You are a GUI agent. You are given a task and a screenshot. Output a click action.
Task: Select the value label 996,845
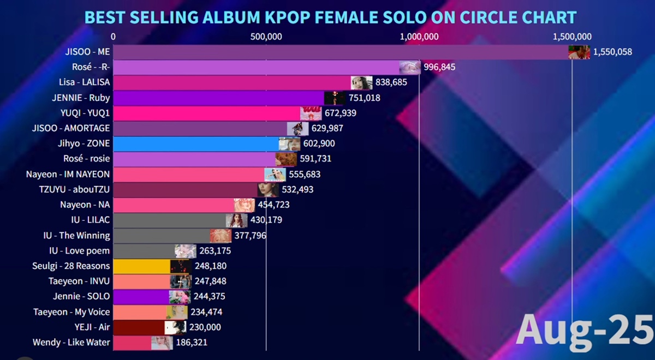coord(439,67)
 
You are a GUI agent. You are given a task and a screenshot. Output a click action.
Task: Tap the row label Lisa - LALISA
coord(85,82)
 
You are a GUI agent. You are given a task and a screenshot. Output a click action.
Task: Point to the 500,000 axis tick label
coord(266,37)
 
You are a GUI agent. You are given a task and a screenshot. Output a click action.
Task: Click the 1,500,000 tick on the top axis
coord(571,37)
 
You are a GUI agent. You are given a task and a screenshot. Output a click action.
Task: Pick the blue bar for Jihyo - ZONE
coord(196,143)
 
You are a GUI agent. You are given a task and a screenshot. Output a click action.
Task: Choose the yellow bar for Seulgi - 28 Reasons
coord(142,266)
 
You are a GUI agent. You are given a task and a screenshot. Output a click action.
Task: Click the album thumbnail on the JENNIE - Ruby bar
coord(335,98)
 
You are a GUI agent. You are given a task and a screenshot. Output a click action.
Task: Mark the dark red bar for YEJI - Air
coord(139,327)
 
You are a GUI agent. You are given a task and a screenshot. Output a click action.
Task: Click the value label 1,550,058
coord(612,52)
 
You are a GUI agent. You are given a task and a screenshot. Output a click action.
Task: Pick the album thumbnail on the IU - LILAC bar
coord(236,220)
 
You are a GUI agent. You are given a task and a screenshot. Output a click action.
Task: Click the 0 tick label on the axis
coord(113,37)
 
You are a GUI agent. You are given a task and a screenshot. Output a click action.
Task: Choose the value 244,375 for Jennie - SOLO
coord(209,297)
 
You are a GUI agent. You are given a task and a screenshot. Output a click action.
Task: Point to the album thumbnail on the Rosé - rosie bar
coord(285,159)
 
